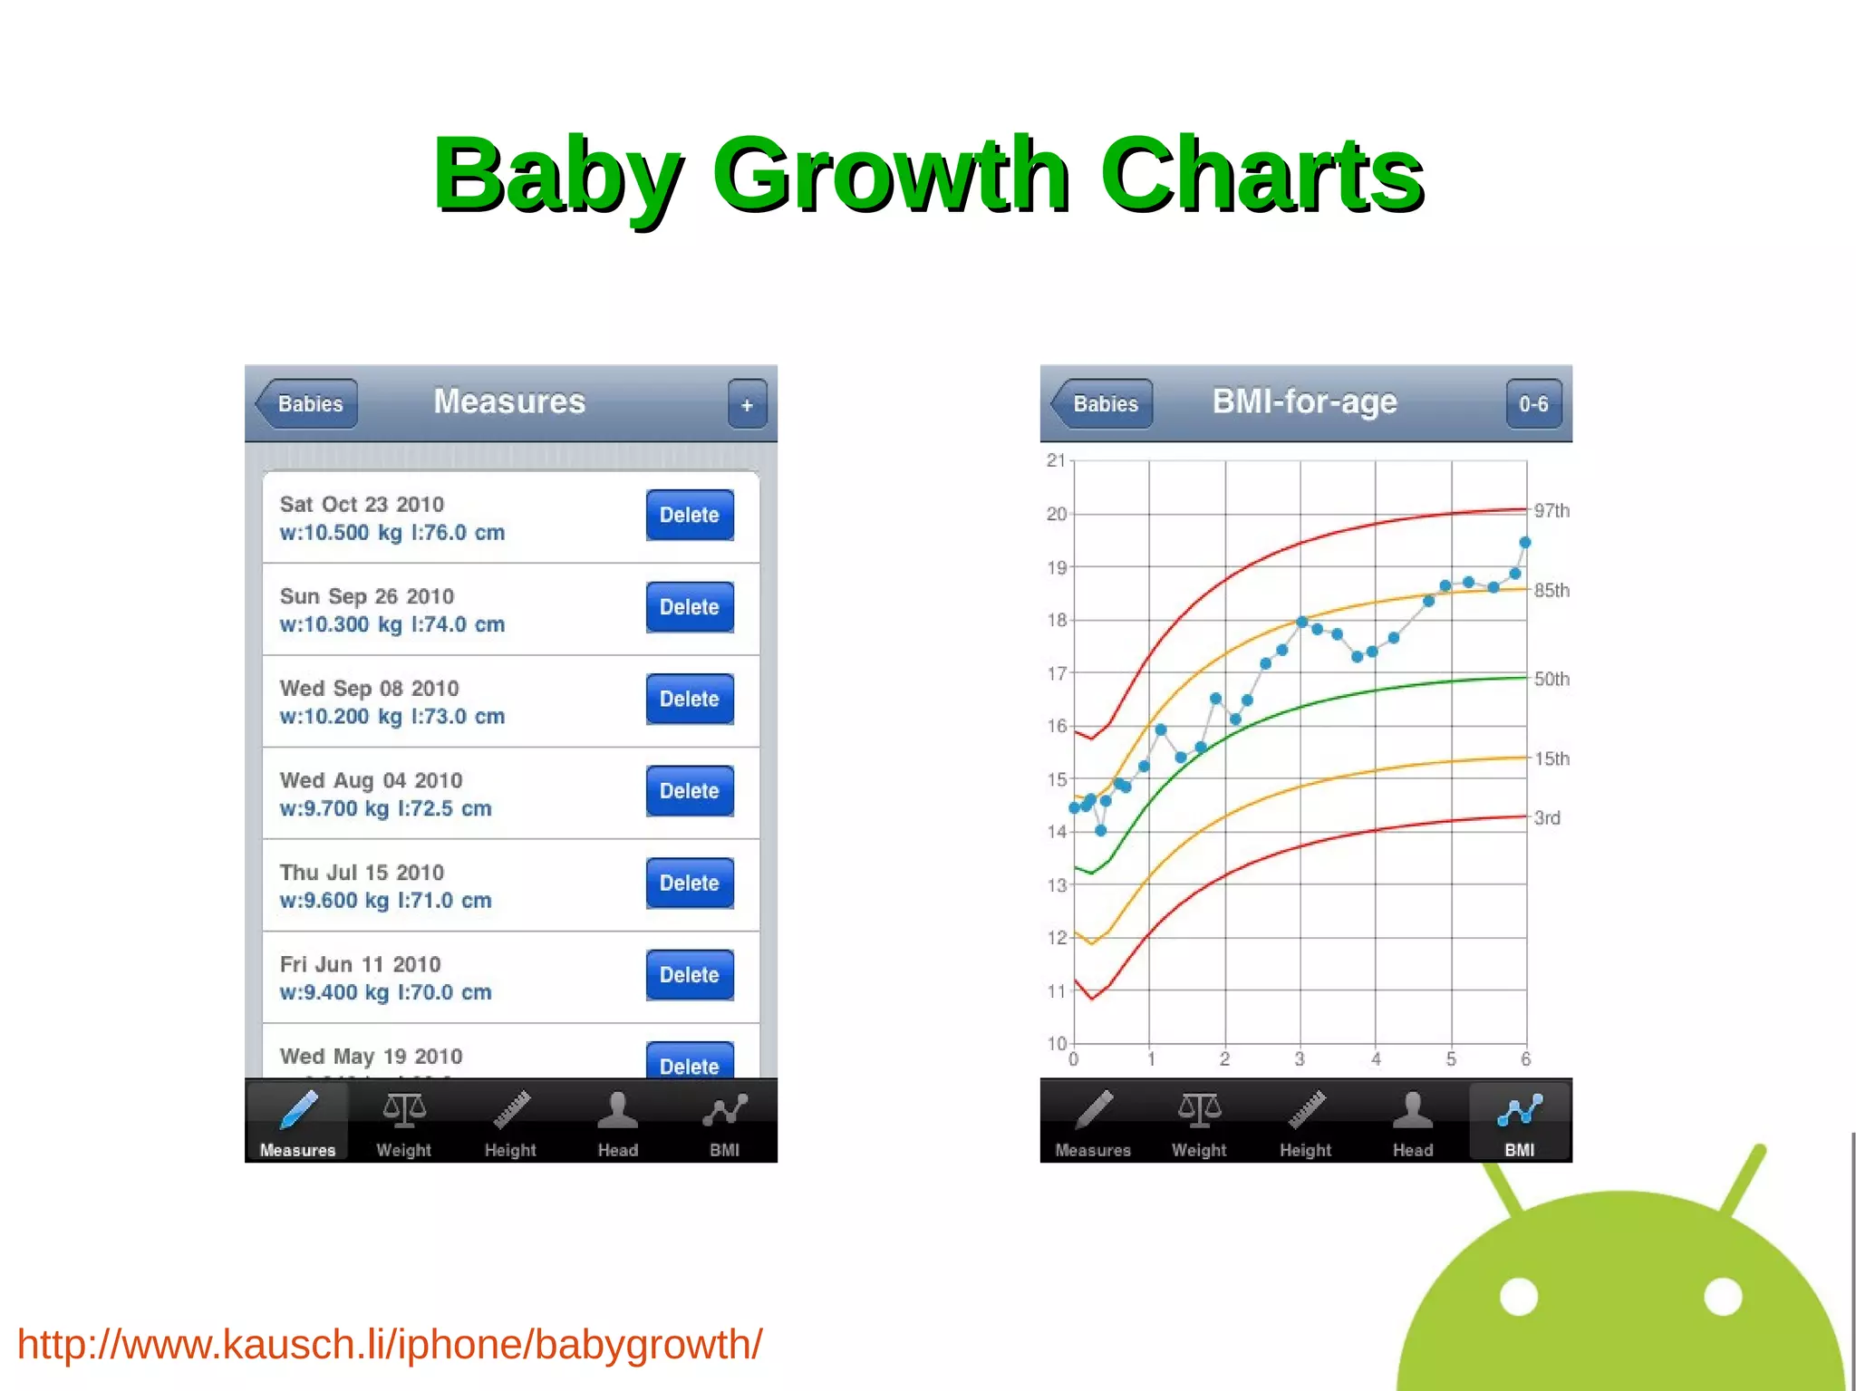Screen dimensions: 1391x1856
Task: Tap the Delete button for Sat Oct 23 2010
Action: pos(689,515)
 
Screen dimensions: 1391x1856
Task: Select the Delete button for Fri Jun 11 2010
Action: pos(689,975)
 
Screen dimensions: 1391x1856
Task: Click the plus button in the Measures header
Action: pos(747,404)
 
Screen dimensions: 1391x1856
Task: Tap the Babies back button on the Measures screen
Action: pos(308,404)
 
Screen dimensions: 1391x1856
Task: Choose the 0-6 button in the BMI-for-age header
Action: pos(1533,404)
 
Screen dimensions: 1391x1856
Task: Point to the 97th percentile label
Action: pos(1551,511)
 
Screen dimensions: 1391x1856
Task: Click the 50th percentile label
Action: pos(1551,680)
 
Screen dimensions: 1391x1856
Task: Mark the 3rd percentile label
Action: pos(1547,818)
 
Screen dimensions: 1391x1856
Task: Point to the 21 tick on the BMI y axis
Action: pos(1056,460)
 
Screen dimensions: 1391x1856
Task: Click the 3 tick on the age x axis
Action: pos(1300,1059)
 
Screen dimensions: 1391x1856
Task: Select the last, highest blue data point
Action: pos(1525,543)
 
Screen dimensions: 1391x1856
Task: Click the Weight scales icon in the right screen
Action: pos(1199,1110)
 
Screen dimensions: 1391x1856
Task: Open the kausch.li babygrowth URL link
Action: pos(390,1345)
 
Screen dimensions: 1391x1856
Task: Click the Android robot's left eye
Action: pos(1519,1296)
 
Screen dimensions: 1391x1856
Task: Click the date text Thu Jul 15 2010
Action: pos(362,873)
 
